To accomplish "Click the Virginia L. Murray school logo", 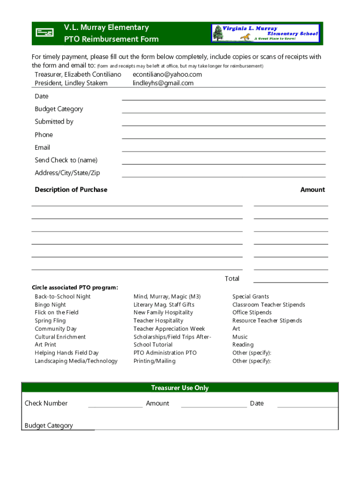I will [x=266, y=34].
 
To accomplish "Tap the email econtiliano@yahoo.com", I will [x=167, y=75].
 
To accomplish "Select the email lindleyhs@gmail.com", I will [x=163, y=83].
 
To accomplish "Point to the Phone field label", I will [x=44, y=135].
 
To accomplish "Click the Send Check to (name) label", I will [x=66, y=160].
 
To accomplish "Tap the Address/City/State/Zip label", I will [x=67, y=173].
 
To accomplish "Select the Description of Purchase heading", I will [x=71, y=189].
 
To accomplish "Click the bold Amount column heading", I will [x=312, y=189].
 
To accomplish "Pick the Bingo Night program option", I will [x=50, y=305].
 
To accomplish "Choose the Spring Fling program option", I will [x=50, y=320].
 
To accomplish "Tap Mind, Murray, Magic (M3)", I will [x=167, y=297].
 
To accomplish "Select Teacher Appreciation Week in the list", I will [x=169, y=329].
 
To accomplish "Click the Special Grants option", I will [x=251, y=297].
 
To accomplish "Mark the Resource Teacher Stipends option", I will [x=267, y=320].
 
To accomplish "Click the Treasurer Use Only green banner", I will [x=180, y=388].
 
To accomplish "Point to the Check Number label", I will [x=46, y=403].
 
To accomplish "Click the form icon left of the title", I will [x=45, y=33].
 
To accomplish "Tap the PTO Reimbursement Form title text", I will [x=111, y=39].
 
